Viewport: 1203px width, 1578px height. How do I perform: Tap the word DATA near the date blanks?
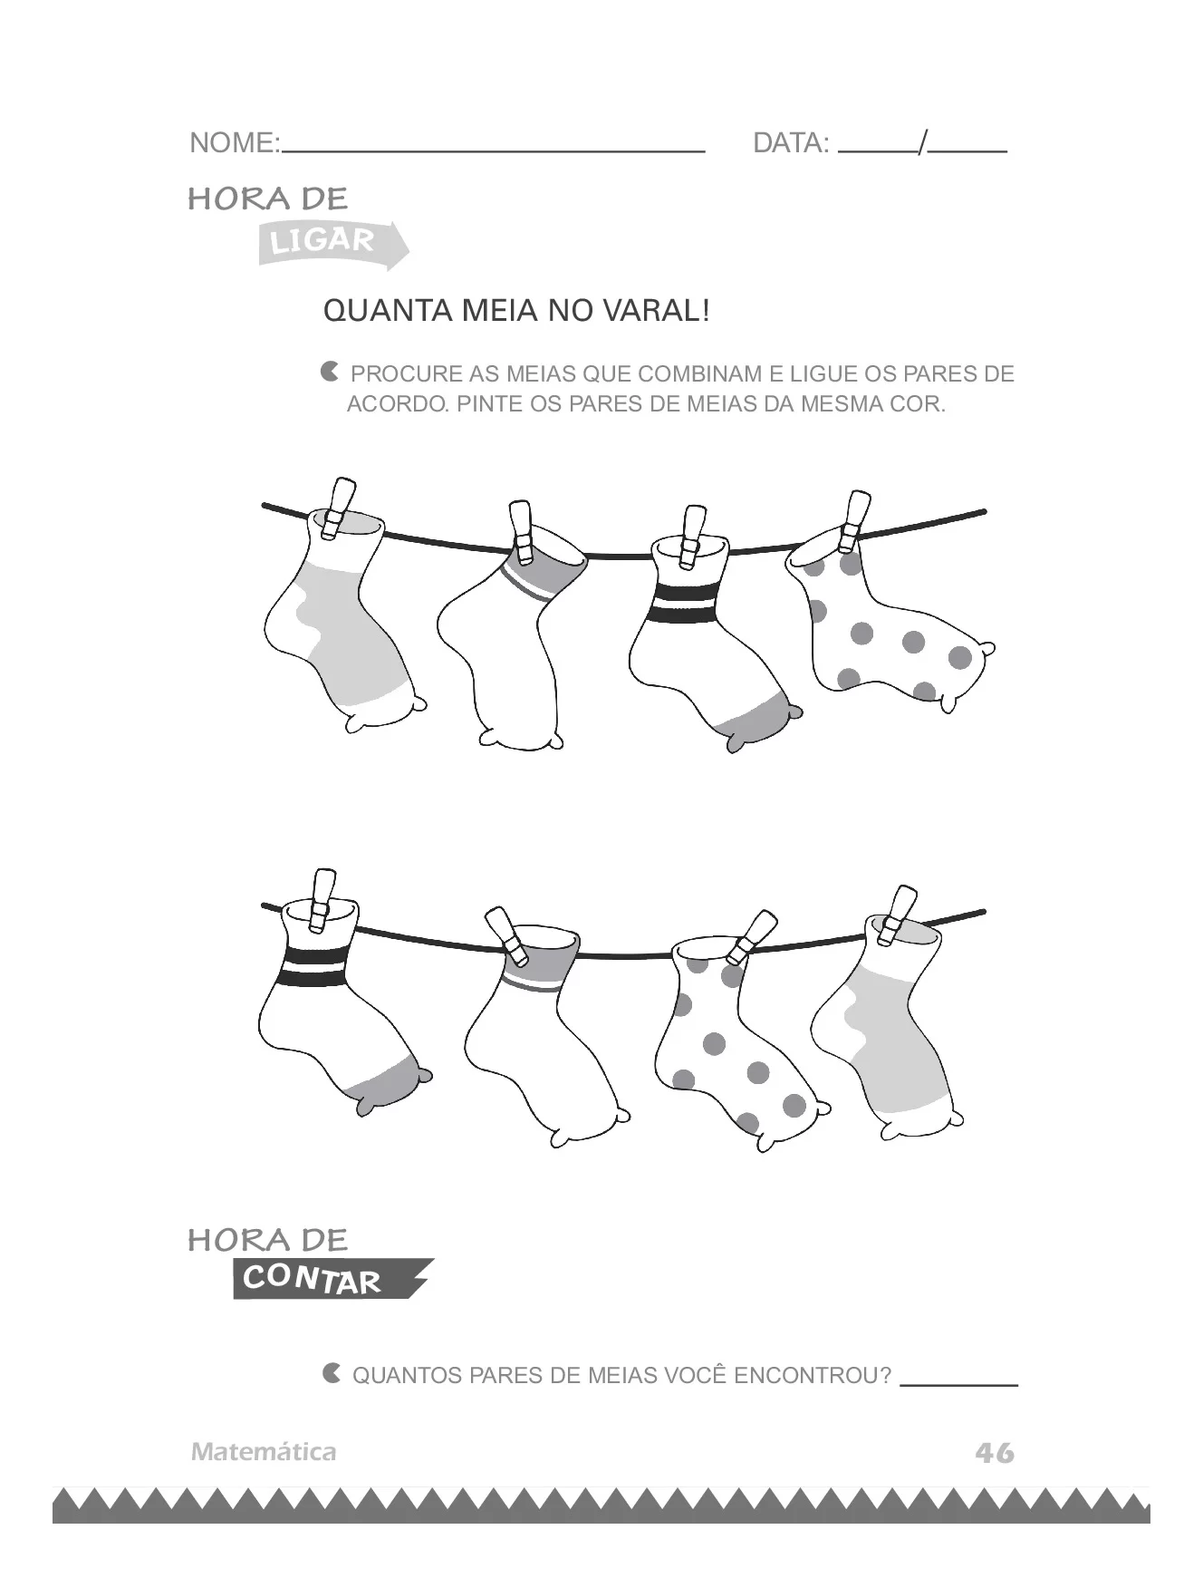click(790, 143)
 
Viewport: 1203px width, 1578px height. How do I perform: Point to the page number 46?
click(994, 1453)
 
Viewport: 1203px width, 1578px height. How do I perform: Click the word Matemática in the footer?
click(264, 1452)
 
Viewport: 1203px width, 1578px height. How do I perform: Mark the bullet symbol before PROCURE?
click(330, 372)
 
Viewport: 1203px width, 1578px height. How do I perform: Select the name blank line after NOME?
click(494, 150)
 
